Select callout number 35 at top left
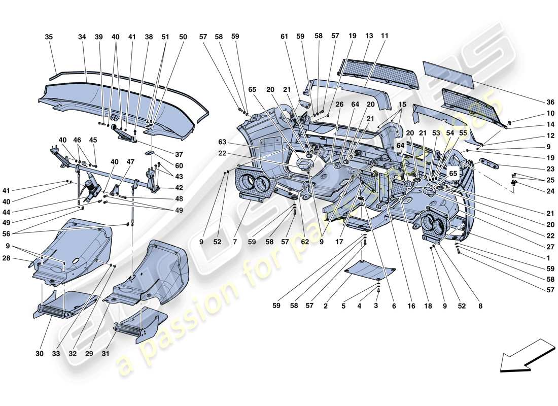tap(49, 37)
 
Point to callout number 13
tap(369, 36)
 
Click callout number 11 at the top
tap(385, 36)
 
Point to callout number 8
tap(480, 306)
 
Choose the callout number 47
tap(130, 162)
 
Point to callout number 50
tap(183, 37)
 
